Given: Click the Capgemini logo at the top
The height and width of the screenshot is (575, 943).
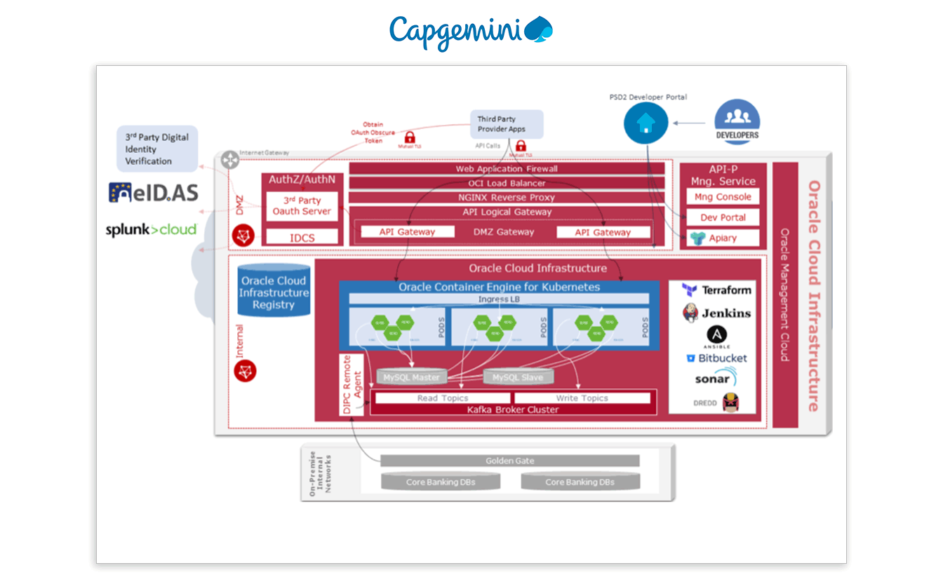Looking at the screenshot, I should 471,32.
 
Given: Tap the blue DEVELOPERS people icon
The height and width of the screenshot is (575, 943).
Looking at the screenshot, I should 737,121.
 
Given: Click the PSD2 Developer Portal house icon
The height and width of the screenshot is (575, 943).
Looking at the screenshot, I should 646,123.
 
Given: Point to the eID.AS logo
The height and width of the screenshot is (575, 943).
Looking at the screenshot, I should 153,193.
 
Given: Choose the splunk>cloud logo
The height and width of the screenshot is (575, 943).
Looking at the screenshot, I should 151,229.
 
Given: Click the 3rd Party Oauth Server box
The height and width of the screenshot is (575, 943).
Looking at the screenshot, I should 302,205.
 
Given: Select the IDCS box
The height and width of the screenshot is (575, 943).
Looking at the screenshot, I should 302,238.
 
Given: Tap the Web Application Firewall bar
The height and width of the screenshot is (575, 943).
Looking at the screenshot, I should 506,169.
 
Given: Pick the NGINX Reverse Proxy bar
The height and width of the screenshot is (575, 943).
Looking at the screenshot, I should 506,198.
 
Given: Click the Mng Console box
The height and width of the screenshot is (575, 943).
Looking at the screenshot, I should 723,197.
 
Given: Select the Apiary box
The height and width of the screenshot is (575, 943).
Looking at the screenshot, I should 723,238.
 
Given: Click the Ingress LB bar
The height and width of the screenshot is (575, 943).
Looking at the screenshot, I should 499,299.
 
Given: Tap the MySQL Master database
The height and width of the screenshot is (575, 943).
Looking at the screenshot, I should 411,377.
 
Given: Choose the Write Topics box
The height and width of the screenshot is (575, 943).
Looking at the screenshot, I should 582,398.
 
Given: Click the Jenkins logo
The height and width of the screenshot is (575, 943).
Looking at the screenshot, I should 717,313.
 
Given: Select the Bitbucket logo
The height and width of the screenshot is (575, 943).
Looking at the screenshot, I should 717,358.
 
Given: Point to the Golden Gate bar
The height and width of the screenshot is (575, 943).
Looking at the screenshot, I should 509,461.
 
